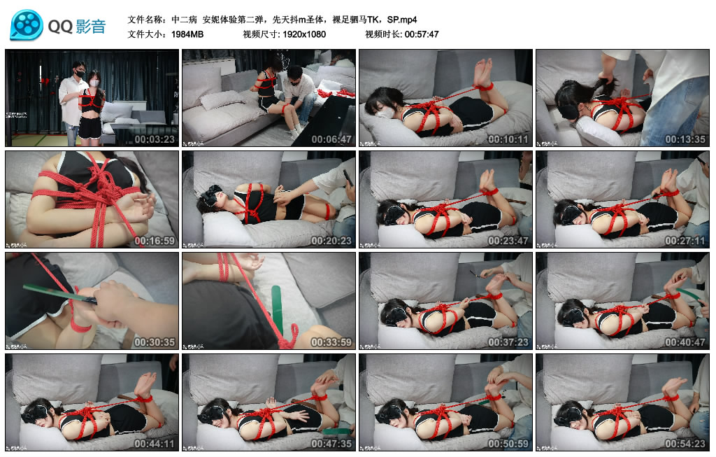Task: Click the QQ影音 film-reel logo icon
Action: click(27, 26)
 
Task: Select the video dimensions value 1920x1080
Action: click(304, 34)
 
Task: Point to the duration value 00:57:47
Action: click(420, 34)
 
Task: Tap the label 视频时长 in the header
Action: click(382, 34)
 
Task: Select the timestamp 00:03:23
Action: click(155, 139)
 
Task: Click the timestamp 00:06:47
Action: click(331, 139)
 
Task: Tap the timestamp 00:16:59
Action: click(155, 241)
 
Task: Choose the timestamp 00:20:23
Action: click(331, 241)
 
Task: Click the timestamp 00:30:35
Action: click(155, 342)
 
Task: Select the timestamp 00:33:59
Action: click(331, 342)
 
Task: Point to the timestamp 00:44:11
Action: click(155, 444)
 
